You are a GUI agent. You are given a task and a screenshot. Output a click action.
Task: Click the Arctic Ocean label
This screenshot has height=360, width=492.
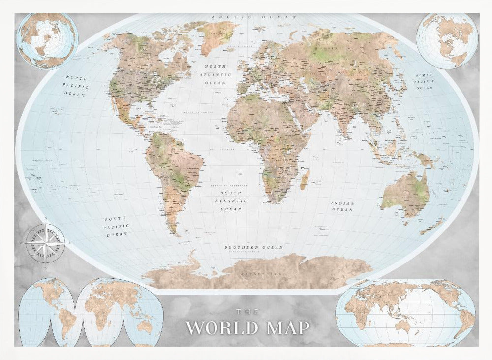click(254, 17)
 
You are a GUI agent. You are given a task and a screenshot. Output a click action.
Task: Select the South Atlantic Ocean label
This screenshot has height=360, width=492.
click(231, 201)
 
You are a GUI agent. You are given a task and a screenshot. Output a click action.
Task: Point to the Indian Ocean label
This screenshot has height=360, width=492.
click(342, 206)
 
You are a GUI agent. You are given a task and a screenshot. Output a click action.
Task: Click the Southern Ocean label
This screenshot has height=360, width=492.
click(253, 247)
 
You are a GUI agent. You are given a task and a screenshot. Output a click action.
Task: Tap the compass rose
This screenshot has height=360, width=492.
click(45, 241)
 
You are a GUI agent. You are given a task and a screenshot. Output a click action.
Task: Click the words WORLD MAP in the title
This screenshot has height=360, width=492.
click(247, 327)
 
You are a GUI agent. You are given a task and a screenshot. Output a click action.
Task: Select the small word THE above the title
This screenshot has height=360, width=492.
click(247, 311)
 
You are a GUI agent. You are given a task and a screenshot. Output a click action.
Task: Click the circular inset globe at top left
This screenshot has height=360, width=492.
click(47, 41)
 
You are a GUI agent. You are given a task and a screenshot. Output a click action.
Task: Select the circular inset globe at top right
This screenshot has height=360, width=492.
click(447, 41)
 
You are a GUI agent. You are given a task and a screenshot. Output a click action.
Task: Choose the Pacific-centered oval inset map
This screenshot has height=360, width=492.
click(405, 313)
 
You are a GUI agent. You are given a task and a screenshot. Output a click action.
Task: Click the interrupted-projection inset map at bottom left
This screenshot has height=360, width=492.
click(91, 313)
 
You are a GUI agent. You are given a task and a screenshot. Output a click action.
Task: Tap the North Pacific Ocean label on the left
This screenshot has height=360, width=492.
click(77, 86)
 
